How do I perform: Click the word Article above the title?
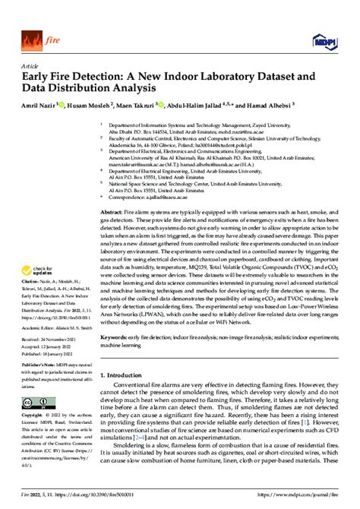[30, 65]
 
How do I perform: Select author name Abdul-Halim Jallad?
[222, 106]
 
